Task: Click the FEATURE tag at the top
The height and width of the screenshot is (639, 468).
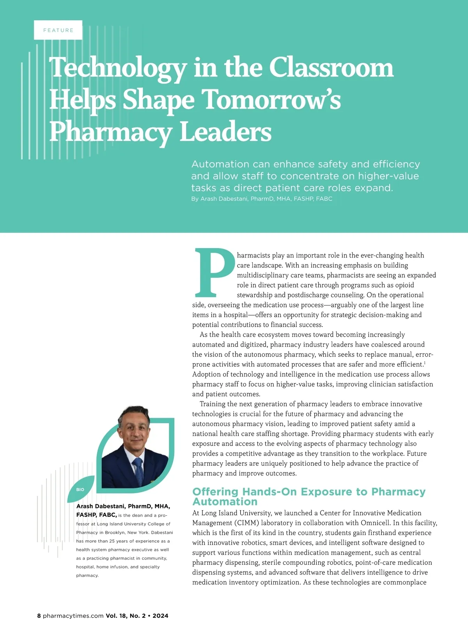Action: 58,30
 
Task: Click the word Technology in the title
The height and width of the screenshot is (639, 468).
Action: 118,68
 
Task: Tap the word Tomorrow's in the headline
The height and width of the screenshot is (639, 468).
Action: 271,100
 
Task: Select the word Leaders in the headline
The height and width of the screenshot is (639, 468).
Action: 225,132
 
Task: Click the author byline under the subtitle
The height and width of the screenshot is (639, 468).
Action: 261,199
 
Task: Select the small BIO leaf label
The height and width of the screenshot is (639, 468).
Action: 80,489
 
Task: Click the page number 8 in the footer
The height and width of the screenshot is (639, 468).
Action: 39,616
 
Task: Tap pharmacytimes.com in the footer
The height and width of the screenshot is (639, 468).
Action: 73,616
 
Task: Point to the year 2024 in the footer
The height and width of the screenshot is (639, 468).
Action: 160,616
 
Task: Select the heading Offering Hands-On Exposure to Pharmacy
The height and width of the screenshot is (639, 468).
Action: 308,492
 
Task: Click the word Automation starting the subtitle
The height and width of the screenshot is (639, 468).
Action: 220,164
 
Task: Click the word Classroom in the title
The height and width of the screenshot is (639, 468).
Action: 331,68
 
